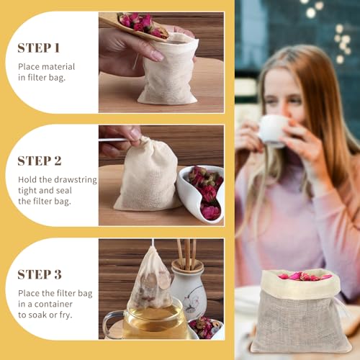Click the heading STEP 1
tap(38, 48)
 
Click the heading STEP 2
tap(39, 161)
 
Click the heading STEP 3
tap(39, 274)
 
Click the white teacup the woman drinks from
tap(272, 130)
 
